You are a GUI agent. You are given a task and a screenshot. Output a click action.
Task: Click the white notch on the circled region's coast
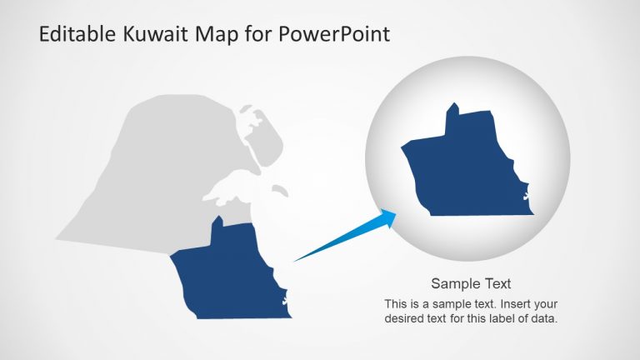click(527, 197)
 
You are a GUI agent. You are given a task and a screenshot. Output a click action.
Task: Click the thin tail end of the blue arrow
click(296, 260)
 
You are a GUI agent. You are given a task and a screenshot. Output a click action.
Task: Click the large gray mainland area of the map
click(150, 175)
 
